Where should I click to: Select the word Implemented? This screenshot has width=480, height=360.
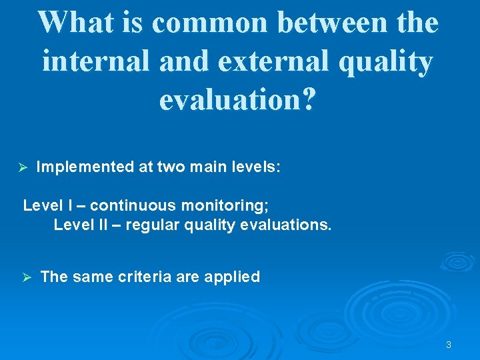click(85, 167)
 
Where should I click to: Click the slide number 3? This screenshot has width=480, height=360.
click(449, 345)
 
